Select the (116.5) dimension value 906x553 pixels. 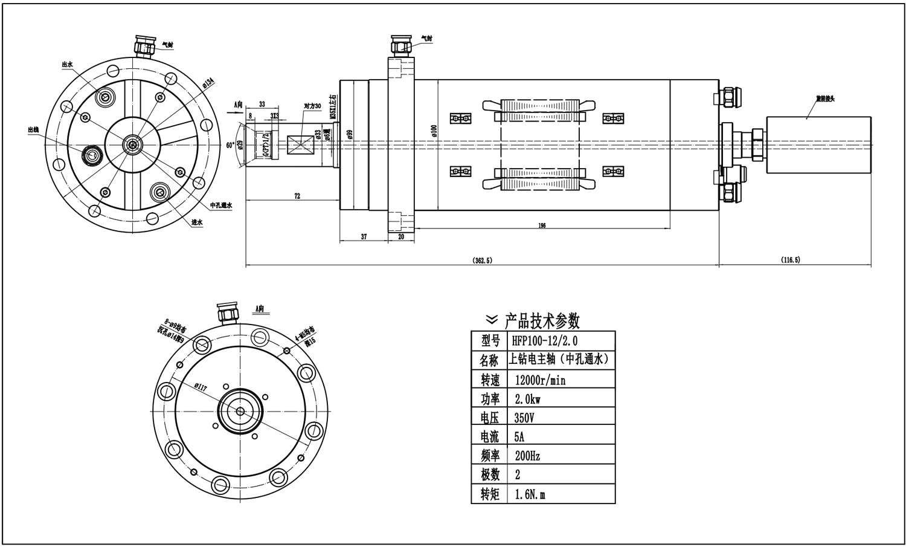click(x=790, y=260)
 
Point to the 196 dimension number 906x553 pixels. click(x=542, y=225)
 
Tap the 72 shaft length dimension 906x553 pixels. click(x=297, y=196)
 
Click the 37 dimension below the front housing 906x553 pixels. click(x=364, y=237)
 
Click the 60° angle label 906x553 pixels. click(x=230, y=145)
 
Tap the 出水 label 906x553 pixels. click(x=68, y=64)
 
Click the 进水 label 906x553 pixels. click(x=196, y=222)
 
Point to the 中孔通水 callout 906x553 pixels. click(x=221, y=205)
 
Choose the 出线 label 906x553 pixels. click(x=34, y=129)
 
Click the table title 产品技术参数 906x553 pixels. click(x=542, y=320)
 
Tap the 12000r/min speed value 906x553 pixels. click(x=541, y=380)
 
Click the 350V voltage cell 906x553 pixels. click(x=524, y=418)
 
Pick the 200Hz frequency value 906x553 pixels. click(x=527, y=456)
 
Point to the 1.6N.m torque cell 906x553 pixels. click(x=530, y=494)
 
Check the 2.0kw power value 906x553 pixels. click(x=527, y=399)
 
